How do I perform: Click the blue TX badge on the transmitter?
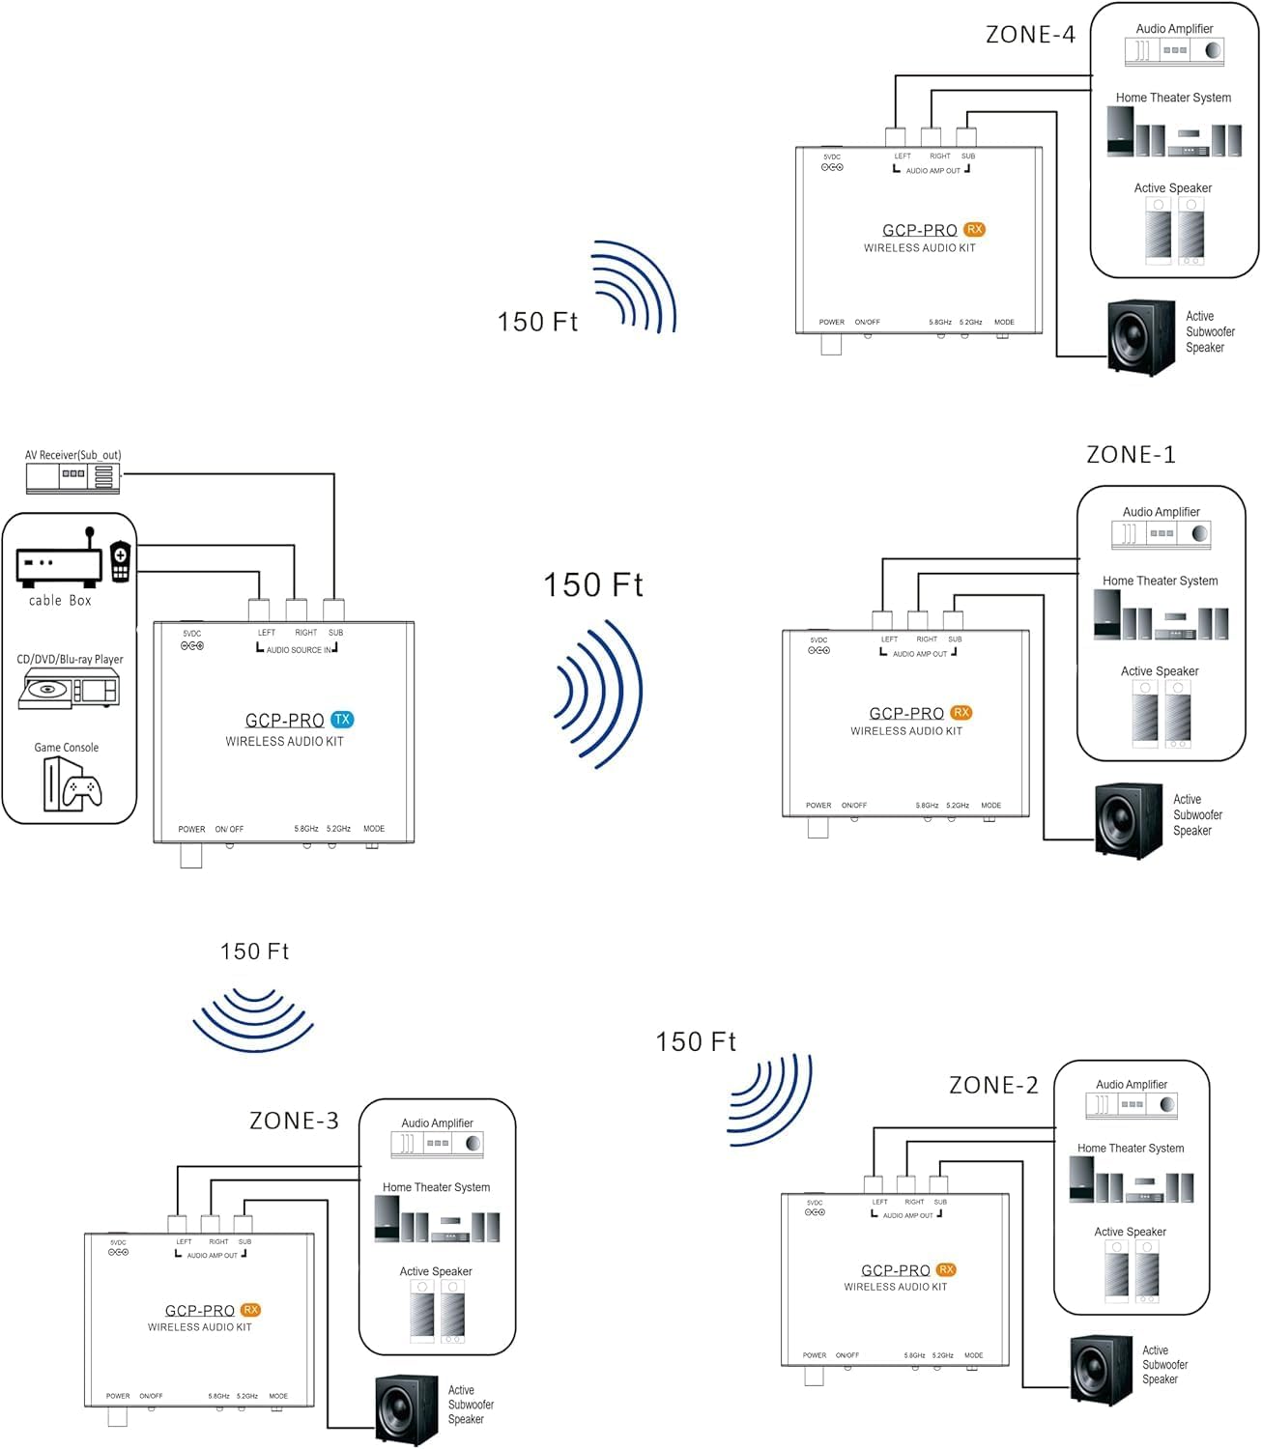(x=342, y=720)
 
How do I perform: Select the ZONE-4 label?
(x=1030, y=35)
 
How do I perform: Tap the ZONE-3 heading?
(x=294, y=1121)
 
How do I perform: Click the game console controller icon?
(x=83, y=791)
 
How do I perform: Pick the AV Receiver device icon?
(x=72, y=475)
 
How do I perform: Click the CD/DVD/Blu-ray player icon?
(x=70, y=690)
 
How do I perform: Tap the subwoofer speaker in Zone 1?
(x=1128, y=820)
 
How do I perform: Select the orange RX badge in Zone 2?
(x=946, y=1269)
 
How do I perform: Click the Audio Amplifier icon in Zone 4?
(x=1174, y=50)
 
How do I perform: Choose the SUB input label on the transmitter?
(x=335, y=633)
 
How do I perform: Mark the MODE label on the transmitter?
(x=374, y=829)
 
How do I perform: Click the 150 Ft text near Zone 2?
(x=696, y=1042)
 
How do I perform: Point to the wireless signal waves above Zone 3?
(x=253, y=1018)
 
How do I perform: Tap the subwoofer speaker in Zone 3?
(x=407, y=1409)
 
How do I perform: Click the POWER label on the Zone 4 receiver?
(x=831, y=323)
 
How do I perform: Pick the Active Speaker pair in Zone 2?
(x=1132, y=1271)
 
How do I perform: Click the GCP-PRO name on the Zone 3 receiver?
(x=200, y=1311)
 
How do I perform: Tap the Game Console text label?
(x=67, y=748)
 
